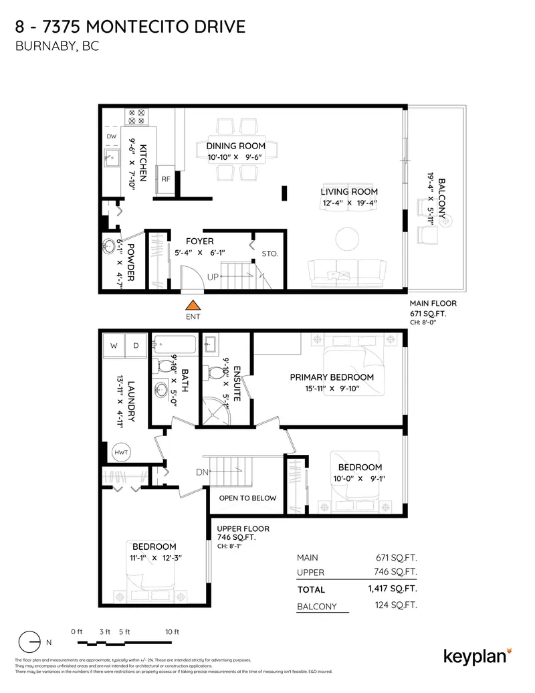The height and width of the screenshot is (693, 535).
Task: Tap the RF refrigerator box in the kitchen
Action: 165,179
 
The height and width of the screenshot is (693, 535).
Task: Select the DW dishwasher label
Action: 111,136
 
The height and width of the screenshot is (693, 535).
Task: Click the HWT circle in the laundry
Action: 121,452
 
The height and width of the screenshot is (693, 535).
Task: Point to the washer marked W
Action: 114,346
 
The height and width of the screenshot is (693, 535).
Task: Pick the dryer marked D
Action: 136,346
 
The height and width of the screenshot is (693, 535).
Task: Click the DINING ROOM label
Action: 235,146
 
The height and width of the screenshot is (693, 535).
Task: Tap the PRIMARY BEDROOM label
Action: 332,377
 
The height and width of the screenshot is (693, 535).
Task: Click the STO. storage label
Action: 270,254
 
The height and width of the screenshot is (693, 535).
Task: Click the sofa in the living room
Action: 347,272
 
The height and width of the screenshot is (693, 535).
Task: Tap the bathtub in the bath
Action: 174,346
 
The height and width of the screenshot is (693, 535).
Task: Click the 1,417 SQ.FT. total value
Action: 392,589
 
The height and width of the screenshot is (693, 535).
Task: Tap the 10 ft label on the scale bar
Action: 172,631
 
